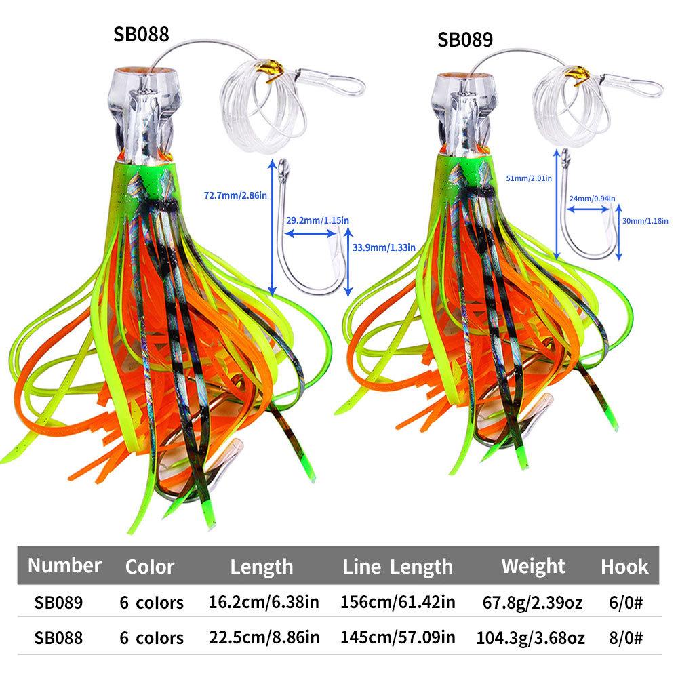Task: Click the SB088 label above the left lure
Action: (140, 35)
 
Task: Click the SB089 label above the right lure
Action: (464, 39)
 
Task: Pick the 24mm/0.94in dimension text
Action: (589, 199)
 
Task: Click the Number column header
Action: (65, 565)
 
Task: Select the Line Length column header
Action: (397, 566)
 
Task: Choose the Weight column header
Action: (533, 565)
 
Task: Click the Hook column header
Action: (624, 566)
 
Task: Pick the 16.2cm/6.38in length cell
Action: (262, 601)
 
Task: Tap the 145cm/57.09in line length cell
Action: (397, 637)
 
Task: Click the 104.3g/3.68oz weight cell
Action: (533, 637)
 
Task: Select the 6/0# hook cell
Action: (624, 601)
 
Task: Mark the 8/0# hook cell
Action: (624, 637)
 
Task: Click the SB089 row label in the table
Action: (59, 601)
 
